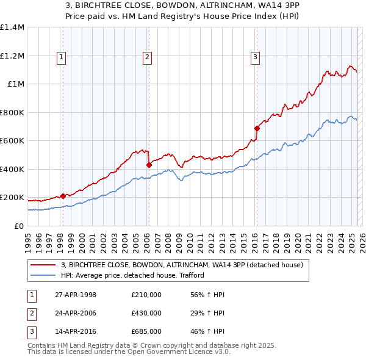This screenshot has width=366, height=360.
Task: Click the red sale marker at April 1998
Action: coord(63,196)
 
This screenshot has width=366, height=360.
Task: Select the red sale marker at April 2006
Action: coord(149,165)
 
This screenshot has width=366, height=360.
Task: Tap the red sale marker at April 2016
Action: coord(257,129)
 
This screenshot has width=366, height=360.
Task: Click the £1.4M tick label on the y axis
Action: coord(12,27)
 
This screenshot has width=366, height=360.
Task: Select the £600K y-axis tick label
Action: coord(12,141)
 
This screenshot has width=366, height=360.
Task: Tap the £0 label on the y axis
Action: coord(18,226)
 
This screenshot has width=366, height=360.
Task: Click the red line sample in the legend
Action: coord(43,265)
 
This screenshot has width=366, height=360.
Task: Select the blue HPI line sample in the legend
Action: coord(43,275)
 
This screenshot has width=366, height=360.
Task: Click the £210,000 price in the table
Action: coord(146,295)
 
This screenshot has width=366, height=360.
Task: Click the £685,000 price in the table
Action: coord(146,332)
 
